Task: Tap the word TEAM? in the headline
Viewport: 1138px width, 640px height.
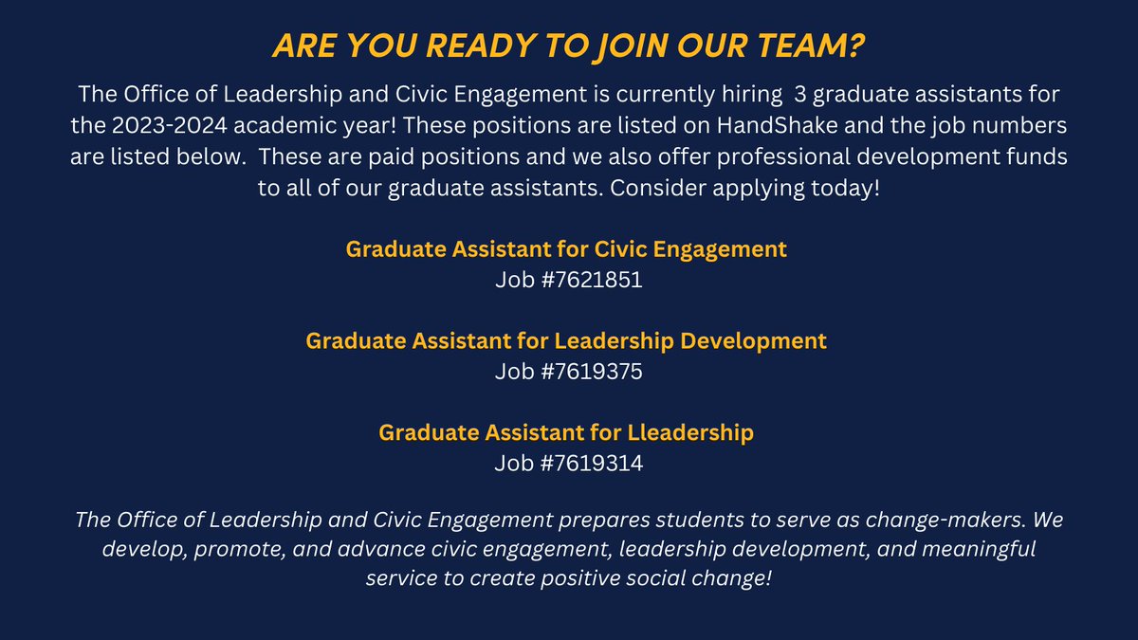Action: (x=816, y=46)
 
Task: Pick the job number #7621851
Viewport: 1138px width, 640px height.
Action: (x=595, y=281)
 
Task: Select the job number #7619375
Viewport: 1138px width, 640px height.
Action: (x=595, y=372)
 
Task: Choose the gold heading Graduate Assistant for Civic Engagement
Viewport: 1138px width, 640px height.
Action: (x=566, y=250)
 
